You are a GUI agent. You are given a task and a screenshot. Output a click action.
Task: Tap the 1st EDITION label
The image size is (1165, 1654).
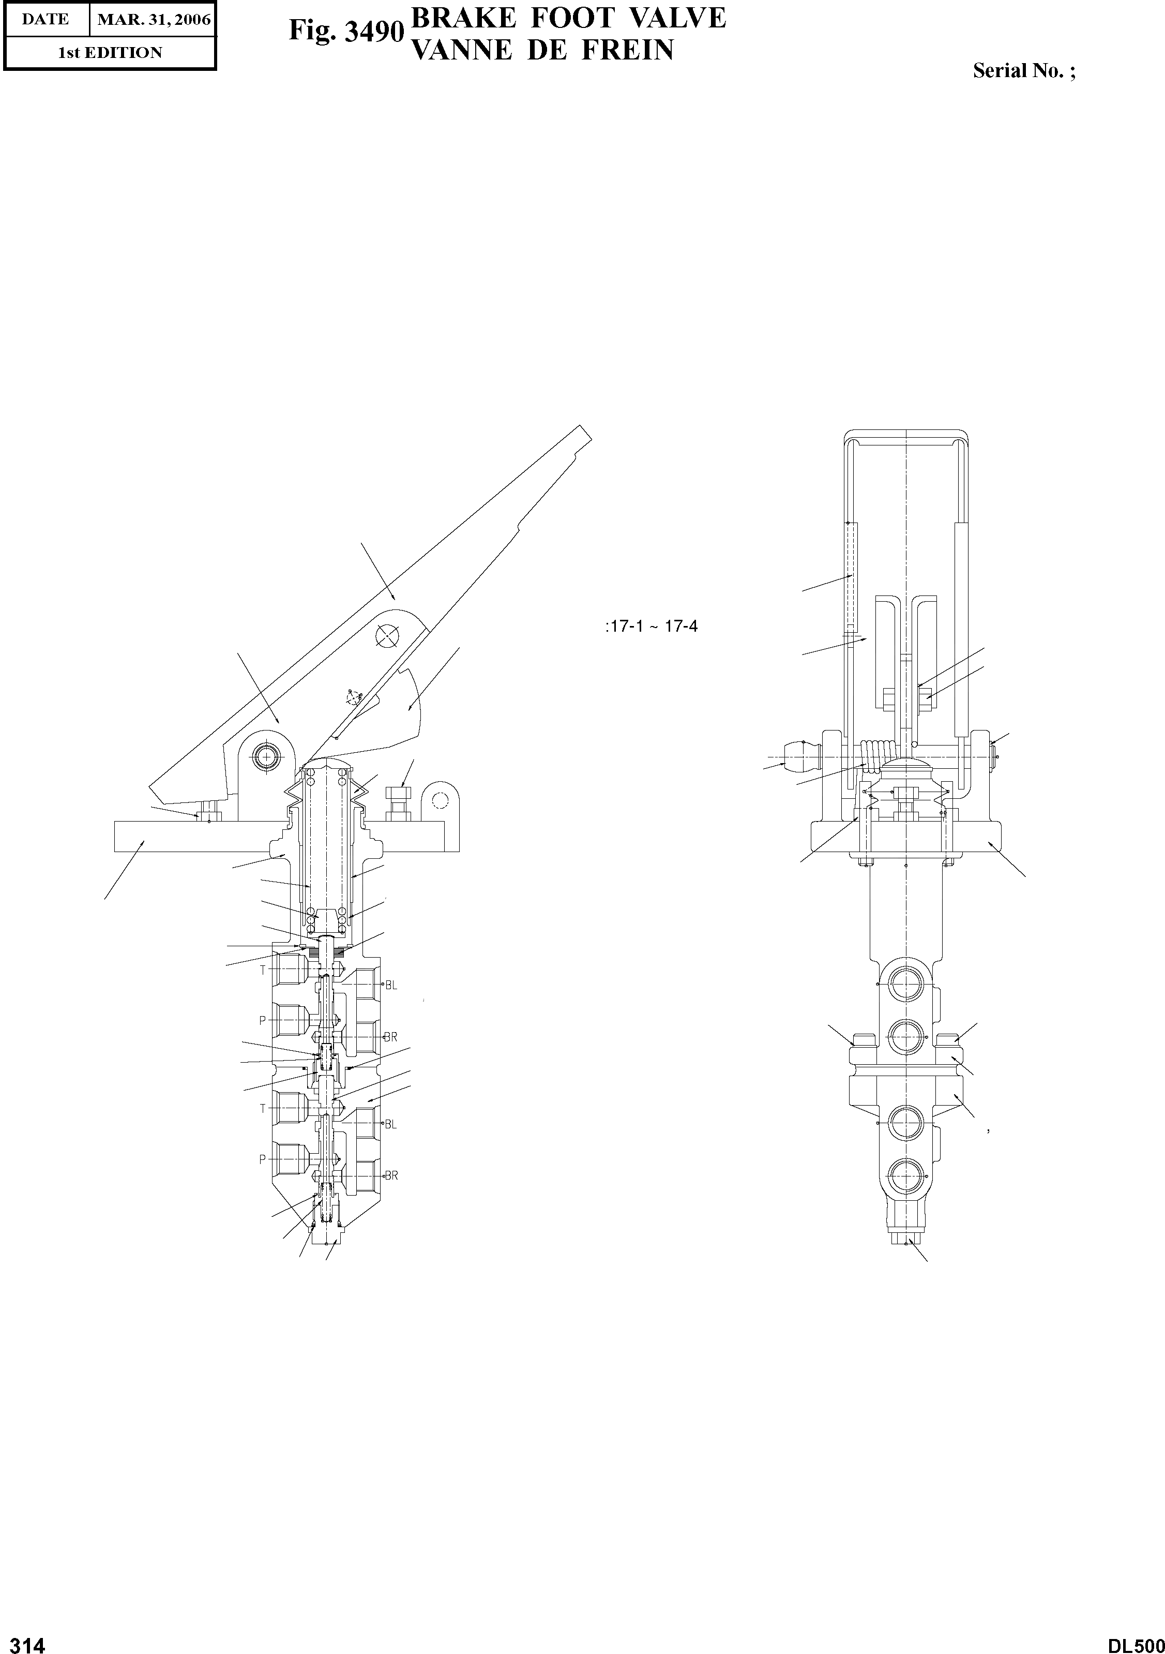pos(110,53)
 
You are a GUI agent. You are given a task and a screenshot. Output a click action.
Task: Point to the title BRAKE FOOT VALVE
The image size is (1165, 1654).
pos(567,17)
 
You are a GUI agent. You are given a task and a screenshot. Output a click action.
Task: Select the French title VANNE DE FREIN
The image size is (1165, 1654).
pos(541,50)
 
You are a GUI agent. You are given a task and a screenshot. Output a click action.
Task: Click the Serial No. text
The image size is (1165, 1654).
pos(1023,70)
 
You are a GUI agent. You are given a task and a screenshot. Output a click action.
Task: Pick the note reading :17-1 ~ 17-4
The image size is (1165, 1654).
pos(652,626)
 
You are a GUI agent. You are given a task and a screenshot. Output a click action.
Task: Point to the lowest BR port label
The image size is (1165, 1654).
pos(391,1175)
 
